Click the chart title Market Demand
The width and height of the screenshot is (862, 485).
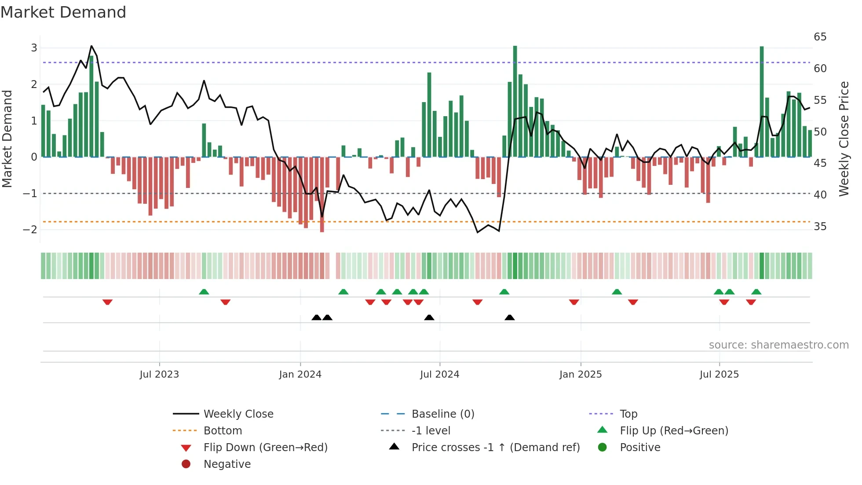coord(63,12)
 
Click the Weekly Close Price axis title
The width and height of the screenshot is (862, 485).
coord(844,139)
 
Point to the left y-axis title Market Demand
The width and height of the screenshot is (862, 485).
coord(7,139)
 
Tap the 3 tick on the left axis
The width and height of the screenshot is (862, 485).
coord(34,48)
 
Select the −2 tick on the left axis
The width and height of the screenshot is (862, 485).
coord(31,229)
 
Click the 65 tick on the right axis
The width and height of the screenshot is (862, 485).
coord(820,37)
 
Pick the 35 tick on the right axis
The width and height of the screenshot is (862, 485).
coord(820,227)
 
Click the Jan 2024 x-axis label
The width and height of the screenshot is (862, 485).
coord(300,375)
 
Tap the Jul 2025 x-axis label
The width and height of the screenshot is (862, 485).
coord(719,375)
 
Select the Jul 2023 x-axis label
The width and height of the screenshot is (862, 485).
coord(159,375)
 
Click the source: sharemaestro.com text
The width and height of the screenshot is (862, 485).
coord(778,345)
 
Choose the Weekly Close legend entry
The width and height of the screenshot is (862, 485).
coord(238,414)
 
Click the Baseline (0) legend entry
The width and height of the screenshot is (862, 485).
coord(442,414)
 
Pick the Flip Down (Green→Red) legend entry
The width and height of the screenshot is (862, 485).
coord(265,448)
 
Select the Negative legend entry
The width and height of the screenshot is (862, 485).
coord(227,464)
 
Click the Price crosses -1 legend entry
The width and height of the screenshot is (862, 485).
coord(495,448)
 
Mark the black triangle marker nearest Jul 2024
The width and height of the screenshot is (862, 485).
coord(429,318)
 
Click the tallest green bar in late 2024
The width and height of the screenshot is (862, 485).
coord(515,101)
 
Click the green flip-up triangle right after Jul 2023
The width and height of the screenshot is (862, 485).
coord(204,292)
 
